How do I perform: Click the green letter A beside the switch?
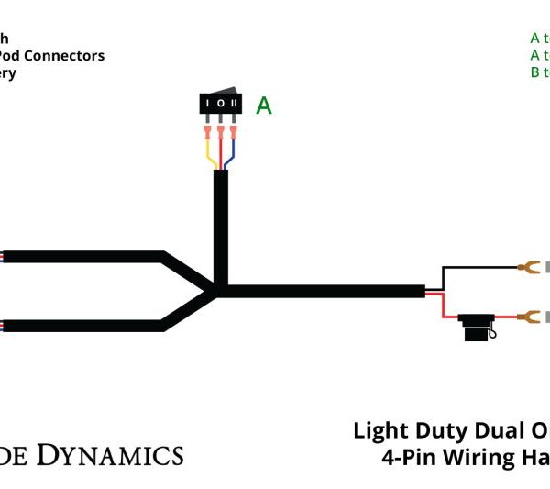263,106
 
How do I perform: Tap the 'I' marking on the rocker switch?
209,105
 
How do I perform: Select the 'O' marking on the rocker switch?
221,105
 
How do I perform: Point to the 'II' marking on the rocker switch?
235,105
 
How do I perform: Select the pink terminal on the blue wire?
234,135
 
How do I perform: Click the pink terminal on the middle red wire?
221,135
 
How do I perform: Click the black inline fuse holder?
477,328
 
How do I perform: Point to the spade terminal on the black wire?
527,268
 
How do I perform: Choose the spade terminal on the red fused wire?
527,317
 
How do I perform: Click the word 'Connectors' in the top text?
64,56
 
